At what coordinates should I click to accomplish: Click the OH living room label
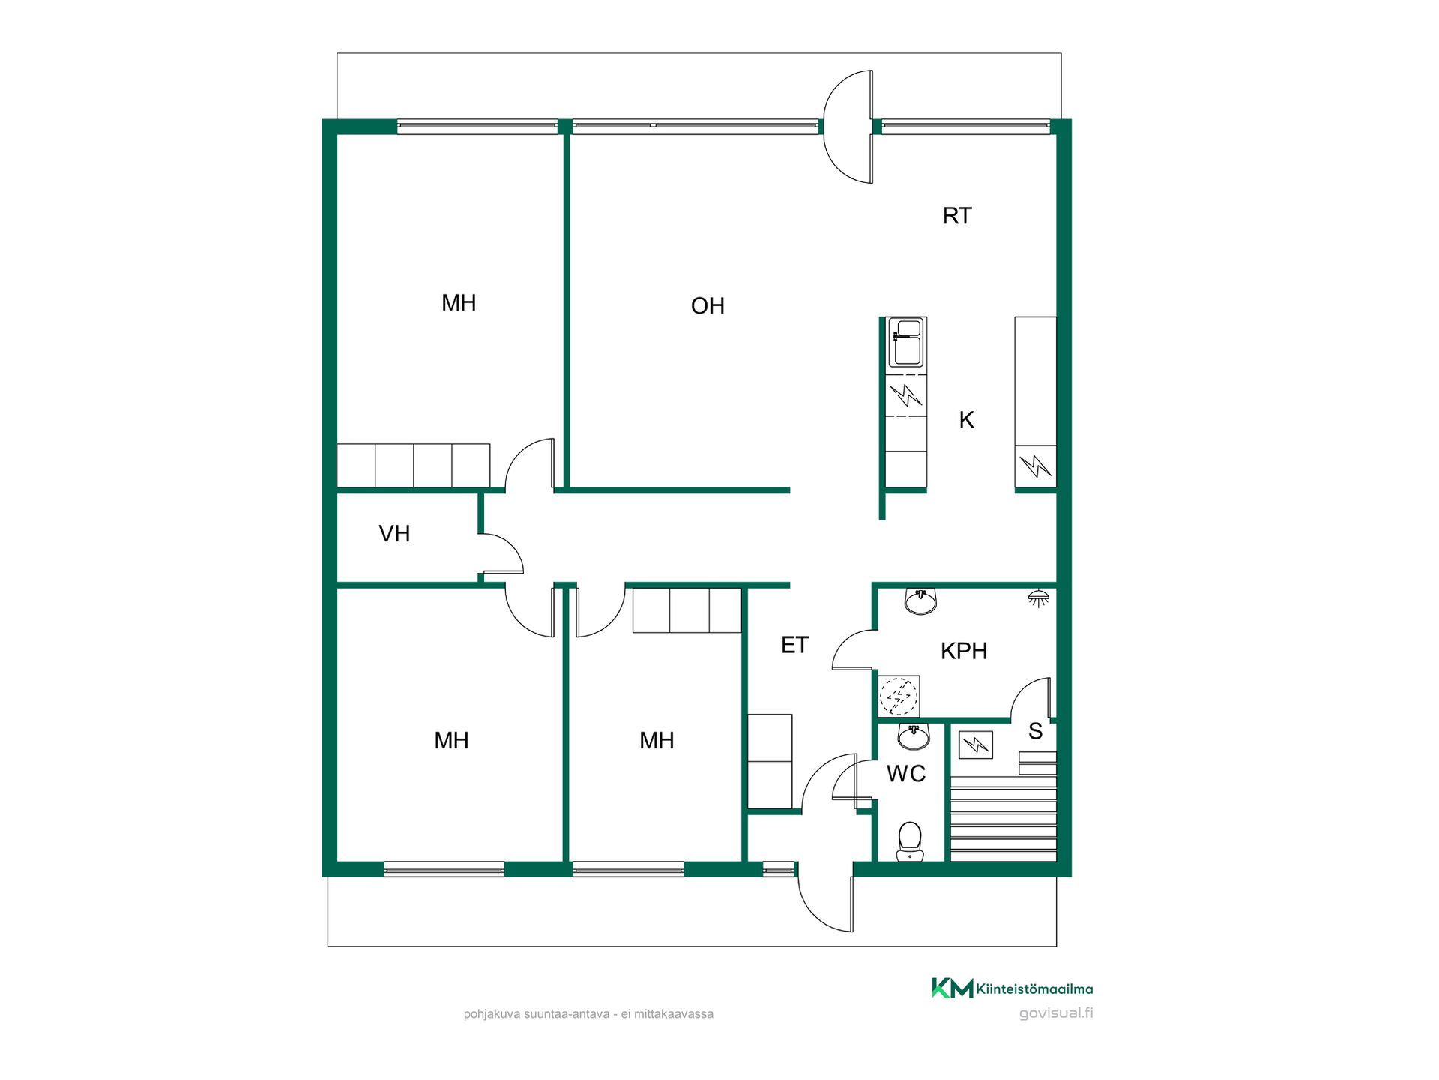tap(708, 306)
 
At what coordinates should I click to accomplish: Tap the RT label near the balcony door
tap(957, 216)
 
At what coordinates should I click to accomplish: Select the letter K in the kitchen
tap(967, 420)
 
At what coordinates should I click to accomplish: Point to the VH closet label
tap(394, 534)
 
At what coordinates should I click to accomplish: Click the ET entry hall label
tap(794, 645)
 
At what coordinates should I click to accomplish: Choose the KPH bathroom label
tap(964, 651)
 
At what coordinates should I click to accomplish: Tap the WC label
tap(906, 774)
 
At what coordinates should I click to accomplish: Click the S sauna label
tap(1035, 731)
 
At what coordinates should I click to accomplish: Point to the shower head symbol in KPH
tap(1038, 598)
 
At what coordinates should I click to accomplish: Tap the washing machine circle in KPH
tap(899, 696)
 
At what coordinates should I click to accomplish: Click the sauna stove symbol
tap(976, 745)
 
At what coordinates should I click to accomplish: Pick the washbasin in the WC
tap(914, 736)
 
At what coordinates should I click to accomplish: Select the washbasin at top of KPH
tap(920, 601)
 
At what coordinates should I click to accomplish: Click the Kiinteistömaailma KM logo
tap(953, 988)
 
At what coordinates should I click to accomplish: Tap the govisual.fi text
tap(1056, 1013)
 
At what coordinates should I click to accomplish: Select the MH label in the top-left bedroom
tap(459, 303)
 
